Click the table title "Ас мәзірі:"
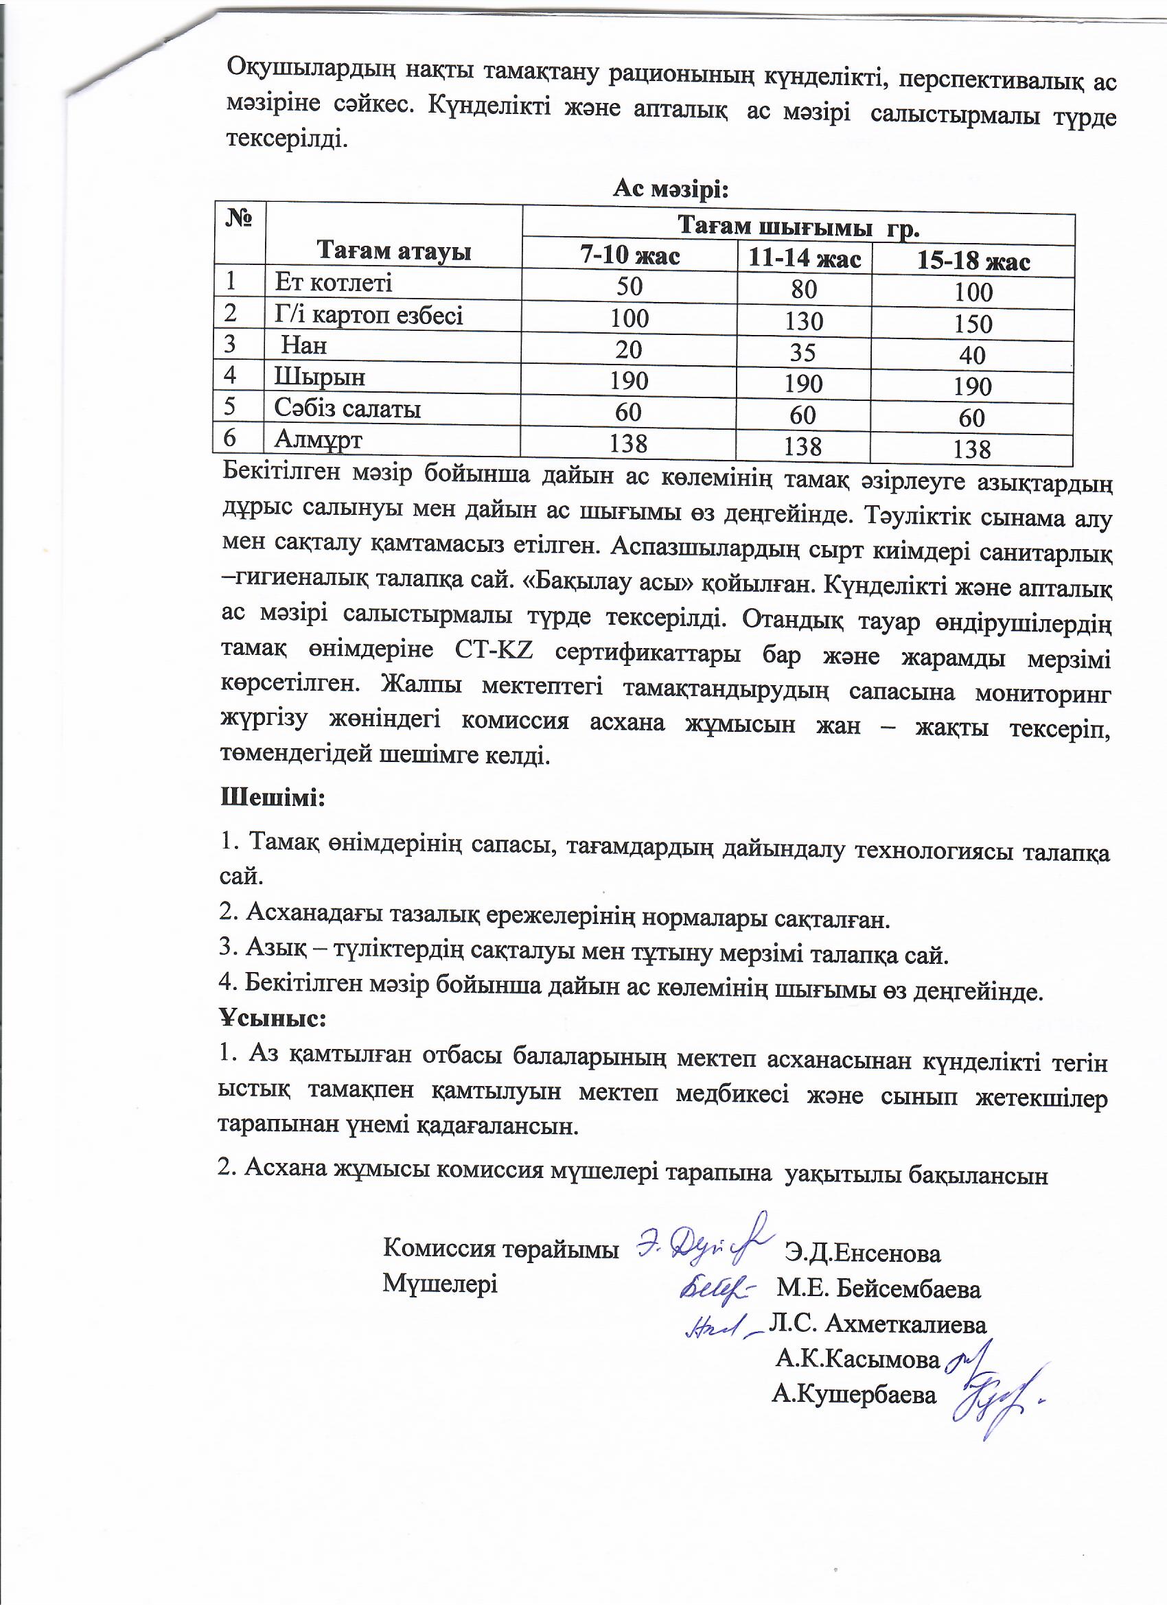[670, 189]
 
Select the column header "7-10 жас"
[629, 255]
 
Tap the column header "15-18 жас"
[973, 261]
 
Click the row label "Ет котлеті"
[333, 283]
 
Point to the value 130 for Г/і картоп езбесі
[803, 321]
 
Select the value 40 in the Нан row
[972, 355]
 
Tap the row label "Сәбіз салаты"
[347, 408]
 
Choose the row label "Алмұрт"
[318, 440]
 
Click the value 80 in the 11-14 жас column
[804, 290]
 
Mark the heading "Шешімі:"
[273, 798]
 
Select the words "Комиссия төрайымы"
[500, 1248]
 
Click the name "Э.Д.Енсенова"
[863, 1254]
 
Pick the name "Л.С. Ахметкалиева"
[877, 1324]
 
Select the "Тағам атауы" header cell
[393, 251]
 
